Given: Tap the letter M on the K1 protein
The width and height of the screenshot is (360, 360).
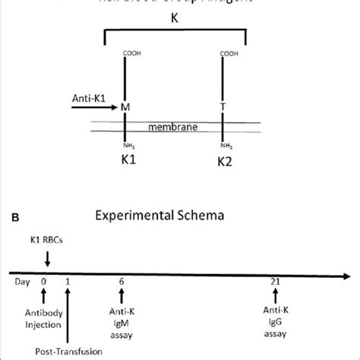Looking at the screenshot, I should pos(125,109).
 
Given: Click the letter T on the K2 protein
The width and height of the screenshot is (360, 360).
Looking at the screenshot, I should pos(222,109).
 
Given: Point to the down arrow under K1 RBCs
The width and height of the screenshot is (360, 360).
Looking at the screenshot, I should pos(47,260).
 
